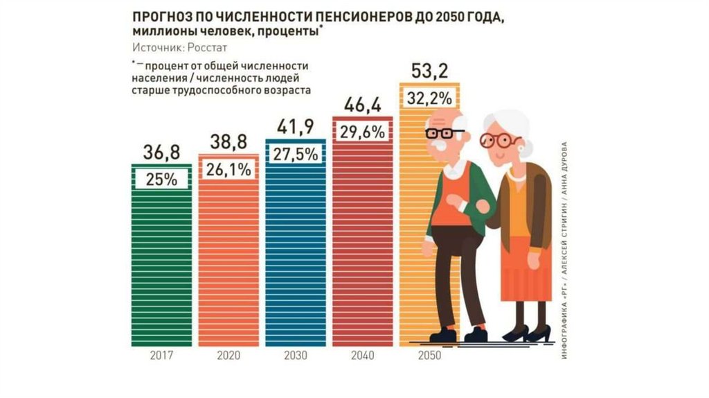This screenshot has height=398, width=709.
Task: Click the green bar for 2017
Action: pos(161,270)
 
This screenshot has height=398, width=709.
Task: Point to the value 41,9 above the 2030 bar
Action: pos(296,127)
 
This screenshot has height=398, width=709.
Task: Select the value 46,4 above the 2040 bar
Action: pos(362,105)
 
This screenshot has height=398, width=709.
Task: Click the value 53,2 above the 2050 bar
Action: pos(430,71)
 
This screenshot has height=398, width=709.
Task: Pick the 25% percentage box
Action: pos(161,179)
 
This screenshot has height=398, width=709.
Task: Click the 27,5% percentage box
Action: pos(296,154)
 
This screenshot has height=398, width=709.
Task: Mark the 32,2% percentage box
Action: pos(430,98)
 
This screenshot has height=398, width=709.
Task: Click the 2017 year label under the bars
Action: pos(161,356)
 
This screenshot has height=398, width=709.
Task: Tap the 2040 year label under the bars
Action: pos(362,356)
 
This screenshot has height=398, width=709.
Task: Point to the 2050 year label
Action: pos(429,356)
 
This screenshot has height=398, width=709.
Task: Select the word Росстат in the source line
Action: pos(207,47)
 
